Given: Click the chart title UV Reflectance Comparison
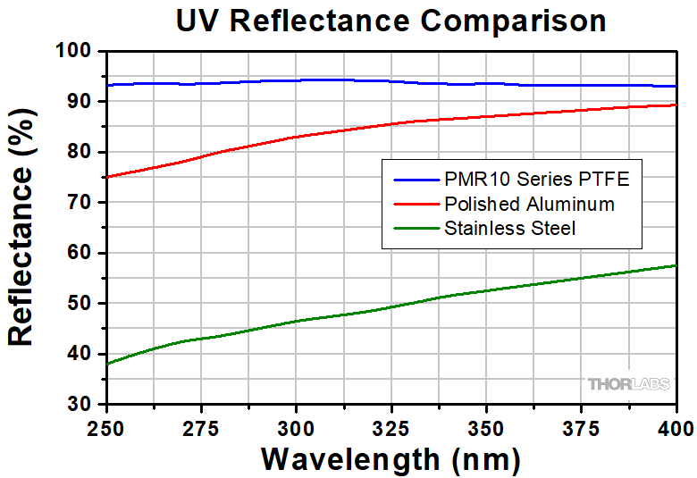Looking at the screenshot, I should [390, 21].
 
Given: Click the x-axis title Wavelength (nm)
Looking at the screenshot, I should [390, 458].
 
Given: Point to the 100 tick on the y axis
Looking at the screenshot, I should [78, 52].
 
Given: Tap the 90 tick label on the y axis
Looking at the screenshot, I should [82, 102].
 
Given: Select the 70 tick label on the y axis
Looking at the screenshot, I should [82, 203].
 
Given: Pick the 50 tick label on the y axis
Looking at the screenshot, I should [82, 304].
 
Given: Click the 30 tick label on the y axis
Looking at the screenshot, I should [82, 405].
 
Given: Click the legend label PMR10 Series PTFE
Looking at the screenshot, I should [536, 180].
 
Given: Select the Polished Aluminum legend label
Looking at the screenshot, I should [529, 205].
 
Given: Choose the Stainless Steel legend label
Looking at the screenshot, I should [509, 229].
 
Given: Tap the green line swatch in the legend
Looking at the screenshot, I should [413, 229].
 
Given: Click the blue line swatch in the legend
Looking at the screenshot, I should [413, 180].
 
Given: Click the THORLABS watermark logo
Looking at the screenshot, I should [627, 384].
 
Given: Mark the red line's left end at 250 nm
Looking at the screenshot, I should [106, 177].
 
